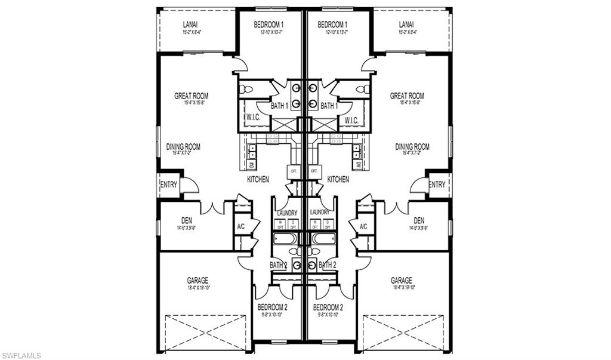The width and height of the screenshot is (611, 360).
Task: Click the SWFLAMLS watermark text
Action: [x=21, y=355]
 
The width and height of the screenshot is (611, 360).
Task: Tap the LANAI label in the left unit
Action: [x=191, y=24]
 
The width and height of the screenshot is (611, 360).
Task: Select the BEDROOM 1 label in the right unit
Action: [x=333, y=24]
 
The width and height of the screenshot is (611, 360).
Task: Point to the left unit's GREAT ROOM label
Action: [x=191, y=96]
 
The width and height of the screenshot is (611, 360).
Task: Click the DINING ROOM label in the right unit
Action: [x=412, y=146]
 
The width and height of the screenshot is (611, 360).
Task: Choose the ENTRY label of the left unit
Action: [x=168, y=185]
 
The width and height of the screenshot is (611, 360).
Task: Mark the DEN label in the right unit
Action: [x=419, y=220]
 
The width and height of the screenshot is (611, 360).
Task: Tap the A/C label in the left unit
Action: [x=242, y=227]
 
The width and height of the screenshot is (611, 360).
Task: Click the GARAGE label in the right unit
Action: [x=401, y=280]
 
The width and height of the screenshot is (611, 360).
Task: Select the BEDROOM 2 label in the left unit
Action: [x=273, y=307]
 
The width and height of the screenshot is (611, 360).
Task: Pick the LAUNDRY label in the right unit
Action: [x=320, y=212]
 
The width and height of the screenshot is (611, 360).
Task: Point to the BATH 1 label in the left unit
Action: [x=280, y=106]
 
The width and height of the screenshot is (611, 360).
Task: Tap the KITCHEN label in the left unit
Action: [x=258, y=179]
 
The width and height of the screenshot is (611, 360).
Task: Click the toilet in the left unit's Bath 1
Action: [x=246, y=90]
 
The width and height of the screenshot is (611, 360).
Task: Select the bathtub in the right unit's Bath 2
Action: [x=325, y=239]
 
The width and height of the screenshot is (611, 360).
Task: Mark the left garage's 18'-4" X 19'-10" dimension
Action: [x=198, y=288]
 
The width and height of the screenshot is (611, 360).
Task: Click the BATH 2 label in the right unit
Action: [x=328, y=264]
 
